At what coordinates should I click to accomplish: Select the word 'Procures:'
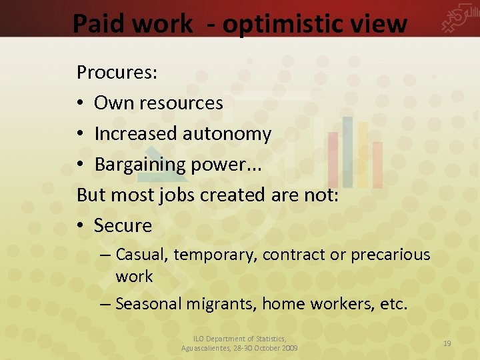pos(117,73)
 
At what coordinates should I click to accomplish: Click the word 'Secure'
pos(123,226)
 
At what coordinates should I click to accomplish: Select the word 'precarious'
pos(391,255)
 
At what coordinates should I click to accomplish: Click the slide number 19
pos(447,343)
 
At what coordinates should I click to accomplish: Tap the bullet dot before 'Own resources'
pos(81,103)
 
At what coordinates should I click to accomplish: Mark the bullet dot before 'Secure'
pos(81,226)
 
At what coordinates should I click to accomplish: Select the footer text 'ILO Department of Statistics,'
pos(239,339)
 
